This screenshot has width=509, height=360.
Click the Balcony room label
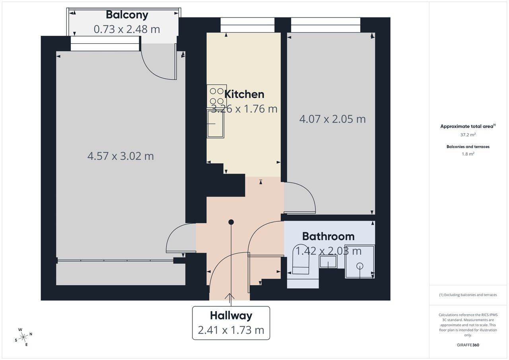pyautogui.click(x=127, y=15)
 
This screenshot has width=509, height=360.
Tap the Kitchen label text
pyautogui.click(x=244, y=94)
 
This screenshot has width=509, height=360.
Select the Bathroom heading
pyautogui.click(x=328, y=236)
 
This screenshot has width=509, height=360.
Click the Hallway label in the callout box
pyautogui.click(x=231, y=316)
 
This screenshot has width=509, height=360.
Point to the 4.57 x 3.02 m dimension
pyautogui.click(x=120, y=156)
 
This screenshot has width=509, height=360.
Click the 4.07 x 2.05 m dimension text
pyautogui.click(x=332, y=119)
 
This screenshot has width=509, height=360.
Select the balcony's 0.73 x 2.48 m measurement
pyautogui.click(x=127, y=29)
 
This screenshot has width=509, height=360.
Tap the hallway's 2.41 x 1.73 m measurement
pyautogui.click(x=231, y=330)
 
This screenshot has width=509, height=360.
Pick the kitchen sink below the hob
pyautogui.click(x=216, y=124)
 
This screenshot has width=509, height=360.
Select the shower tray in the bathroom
pyautogui.click(x=359, y=261)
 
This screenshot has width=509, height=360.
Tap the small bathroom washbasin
pyautogui.click(x=328, y=262)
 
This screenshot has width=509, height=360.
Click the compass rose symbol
pyautogui.click(x=23, y=337)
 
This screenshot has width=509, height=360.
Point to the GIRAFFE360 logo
pyautogui.click(x=468, y=345)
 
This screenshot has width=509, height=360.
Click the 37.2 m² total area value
pyautogui.click(x=468, y=135)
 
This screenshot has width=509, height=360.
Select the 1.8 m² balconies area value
pyautogui.click(x=468, y=154)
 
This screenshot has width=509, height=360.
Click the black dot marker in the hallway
pyautogui.click(x=231, y=222)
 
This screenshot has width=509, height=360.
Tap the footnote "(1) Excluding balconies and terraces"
pyautogui.click(x=468, y=295)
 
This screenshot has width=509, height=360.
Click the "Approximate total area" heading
pyautogui.click(x=468, y=126)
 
